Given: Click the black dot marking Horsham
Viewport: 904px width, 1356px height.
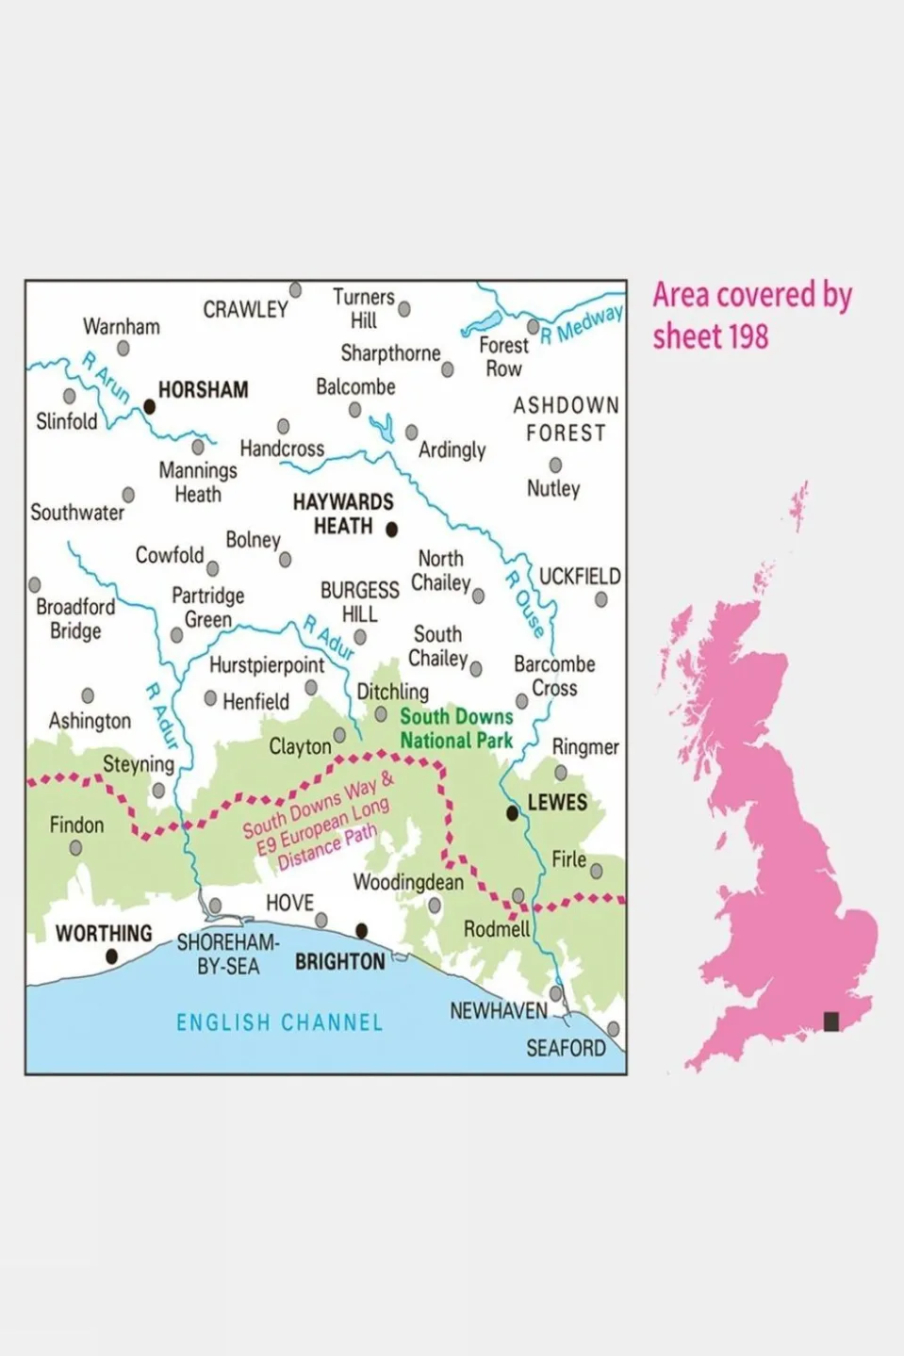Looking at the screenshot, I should click(149, 407).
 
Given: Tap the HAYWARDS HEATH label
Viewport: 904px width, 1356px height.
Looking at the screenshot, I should click(342, 515).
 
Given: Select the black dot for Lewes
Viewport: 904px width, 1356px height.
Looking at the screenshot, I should click(512, 812).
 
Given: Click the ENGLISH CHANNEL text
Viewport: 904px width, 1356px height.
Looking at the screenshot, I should click(279, 1022).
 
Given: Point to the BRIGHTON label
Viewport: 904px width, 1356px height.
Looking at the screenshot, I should click(339, 962).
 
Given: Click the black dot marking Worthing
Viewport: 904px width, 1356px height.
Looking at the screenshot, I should click(111, 956).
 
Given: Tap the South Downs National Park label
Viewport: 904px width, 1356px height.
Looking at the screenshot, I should click(456, 728).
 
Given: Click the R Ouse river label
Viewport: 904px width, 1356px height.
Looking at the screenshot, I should click(525, 604).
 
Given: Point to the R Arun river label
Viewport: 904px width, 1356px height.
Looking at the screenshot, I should click(106, 377).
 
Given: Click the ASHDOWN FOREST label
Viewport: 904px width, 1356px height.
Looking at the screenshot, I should click(566, 419).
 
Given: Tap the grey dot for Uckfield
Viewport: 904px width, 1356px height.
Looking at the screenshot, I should click(601, 599).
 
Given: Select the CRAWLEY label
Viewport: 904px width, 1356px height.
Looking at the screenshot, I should click(245, 310).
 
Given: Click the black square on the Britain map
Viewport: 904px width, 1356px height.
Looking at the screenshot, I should click(831, 1021).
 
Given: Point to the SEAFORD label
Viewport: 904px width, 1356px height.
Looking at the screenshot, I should click(566, 1048).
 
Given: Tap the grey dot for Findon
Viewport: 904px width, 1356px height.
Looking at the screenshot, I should click(75, 848).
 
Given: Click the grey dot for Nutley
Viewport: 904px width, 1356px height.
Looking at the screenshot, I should click(555, 465).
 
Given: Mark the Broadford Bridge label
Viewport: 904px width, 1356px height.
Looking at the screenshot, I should click(74, 619).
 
